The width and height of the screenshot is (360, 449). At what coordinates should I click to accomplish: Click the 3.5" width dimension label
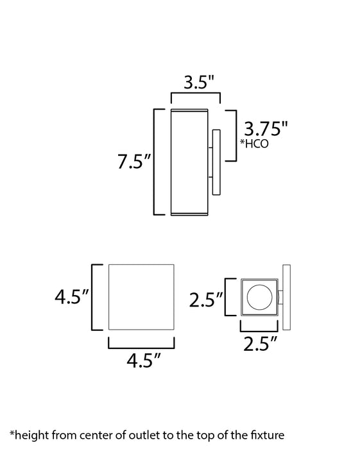199,82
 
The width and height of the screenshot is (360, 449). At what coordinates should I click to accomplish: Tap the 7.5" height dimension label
134,162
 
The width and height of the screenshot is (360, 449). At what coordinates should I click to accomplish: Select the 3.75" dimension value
266,128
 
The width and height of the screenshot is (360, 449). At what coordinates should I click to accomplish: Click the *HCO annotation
254,144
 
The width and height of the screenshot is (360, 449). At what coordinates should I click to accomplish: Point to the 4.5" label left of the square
72,296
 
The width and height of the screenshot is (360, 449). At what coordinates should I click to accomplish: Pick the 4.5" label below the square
144,360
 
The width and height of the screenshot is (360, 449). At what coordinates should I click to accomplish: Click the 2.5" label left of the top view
206,300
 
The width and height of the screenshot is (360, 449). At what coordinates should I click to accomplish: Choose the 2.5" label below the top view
261,344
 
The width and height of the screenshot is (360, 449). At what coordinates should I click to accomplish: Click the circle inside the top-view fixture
259,297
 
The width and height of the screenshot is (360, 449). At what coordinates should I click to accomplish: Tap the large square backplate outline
108,297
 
